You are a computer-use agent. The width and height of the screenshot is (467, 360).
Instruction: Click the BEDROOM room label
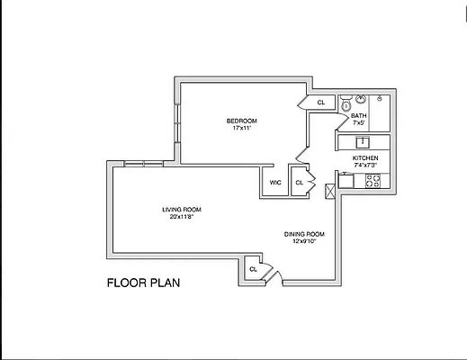(241, 121)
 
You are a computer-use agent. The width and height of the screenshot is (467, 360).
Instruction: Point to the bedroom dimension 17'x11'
(241, 128)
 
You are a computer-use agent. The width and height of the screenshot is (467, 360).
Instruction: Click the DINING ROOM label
(305, 234)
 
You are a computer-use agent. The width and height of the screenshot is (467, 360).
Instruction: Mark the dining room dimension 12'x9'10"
(305, 241)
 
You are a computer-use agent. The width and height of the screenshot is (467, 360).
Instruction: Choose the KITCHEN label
(365, 157)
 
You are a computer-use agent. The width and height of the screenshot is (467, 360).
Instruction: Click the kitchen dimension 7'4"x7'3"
(365, 165)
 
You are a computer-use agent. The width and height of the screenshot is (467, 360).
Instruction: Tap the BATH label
(358, 115)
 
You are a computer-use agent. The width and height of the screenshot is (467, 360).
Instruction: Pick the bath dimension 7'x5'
(358, 122)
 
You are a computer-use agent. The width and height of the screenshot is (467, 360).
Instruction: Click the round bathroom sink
(360, 100)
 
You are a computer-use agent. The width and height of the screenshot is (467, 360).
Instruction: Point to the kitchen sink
(364, 141)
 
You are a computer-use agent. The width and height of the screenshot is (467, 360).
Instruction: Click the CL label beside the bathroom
(321, 103)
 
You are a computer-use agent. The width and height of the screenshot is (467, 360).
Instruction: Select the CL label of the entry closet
(253, 268)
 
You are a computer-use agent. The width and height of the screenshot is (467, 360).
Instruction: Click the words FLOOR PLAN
(144, 283)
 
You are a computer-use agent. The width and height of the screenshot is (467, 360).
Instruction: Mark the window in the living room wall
(144, 163)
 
